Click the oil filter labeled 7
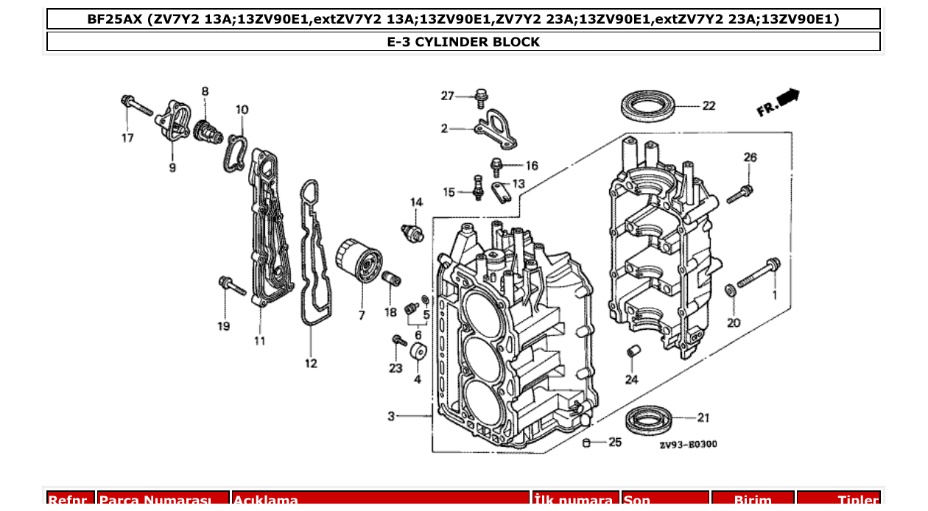click(x=359, y=261)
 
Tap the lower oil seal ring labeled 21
click(x=649, y=420)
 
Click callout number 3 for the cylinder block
click(x=391, y=417)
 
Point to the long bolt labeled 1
click(x=759, y=274)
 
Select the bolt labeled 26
click(x=739, y=194)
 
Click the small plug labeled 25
click(x=586, y=443)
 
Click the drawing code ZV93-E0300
click(x=688, y=444)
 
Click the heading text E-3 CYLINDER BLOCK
click(x=463, y=42)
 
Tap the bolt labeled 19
click(x=231, y=286)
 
